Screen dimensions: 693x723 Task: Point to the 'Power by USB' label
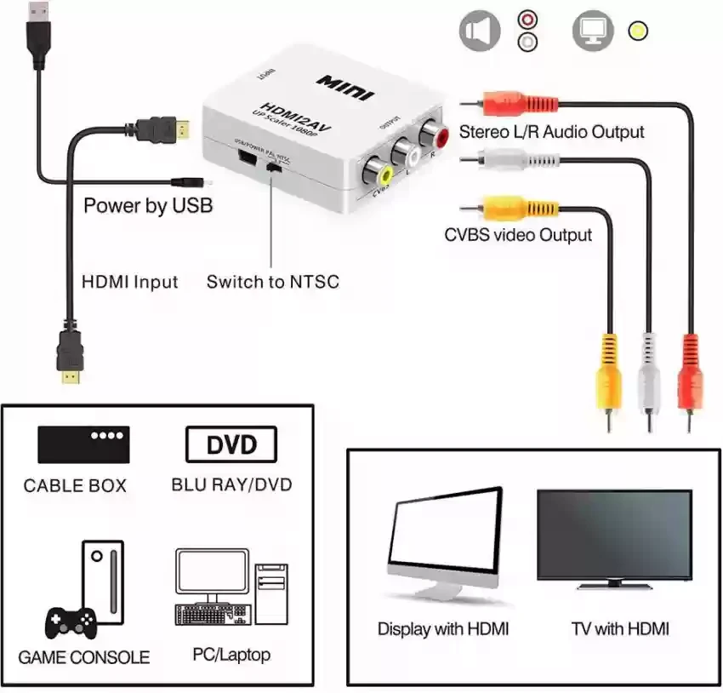coord(148,205)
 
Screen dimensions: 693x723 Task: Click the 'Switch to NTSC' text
coord(272,281)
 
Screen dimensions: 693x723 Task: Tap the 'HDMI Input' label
coord(130,281)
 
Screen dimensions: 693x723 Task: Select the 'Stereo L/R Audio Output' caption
coord(551,132)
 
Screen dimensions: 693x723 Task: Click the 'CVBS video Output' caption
coord(517,234)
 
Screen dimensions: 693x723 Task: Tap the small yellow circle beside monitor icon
coord(635,31)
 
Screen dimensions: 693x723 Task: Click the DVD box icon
coord(231,444)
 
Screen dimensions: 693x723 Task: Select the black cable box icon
coord(83,444)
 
